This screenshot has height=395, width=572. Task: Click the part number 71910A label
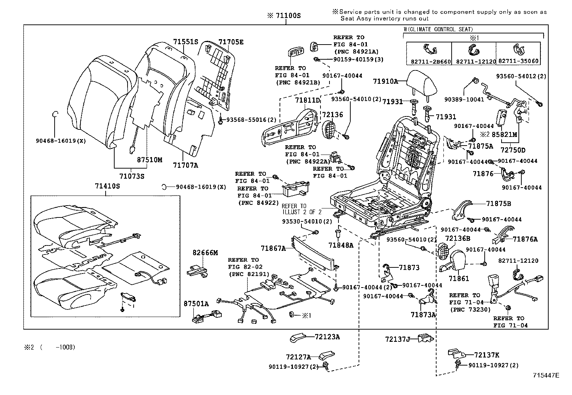pyautogui.click(x=385, y=81)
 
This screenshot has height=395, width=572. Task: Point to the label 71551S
pyautogui.click(x=185, y=42)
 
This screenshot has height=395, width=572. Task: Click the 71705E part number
pyautogui.click(x=231, y=42)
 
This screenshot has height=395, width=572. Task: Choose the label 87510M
pyautogui.click(x=149, y=160)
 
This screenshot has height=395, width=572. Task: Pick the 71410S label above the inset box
pyautogui.click(x=107, y=186)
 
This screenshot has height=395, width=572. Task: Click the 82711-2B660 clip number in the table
pyautogui.click(x=429, y=61)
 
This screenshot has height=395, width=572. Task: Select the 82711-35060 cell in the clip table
pyautogui.click(x=519, y=61)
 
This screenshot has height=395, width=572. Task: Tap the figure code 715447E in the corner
pyautogui.click(x=546, y=375)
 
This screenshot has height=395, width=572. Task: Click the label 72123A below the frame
pyautogui.click(x=327, y=337)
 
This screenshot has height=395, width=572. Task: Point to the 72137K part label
pyautogui.click(x=486, y=355)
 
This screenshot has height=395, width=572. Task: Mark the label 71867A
pyautogui.click(x=273, y=248)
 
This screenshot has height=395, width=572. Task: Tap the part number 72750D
pyautogui.click(x=513, y=150)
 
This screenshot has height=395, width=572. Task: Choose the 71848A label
pyautogui.click(x=341, y=245)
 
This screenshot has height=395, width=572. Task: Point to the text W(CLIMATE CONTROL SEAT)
pyautogui.click(x=438, y=29)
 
